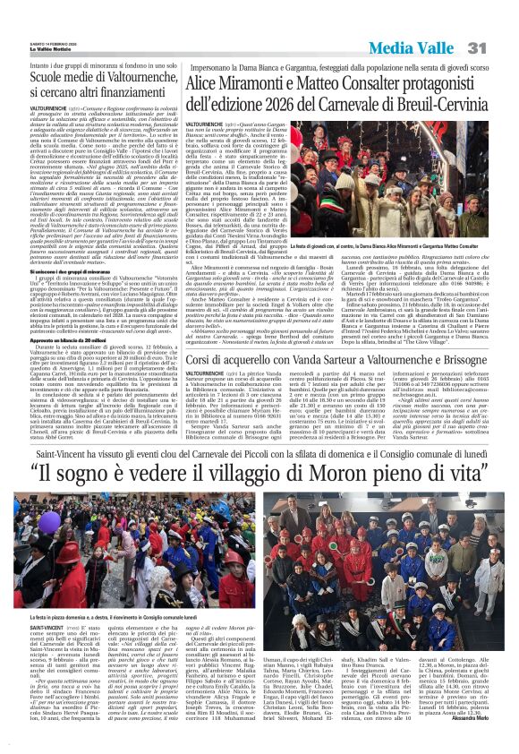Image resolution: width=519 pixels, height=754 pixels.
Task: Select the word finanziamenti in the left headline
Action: (x=131, y=66)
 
